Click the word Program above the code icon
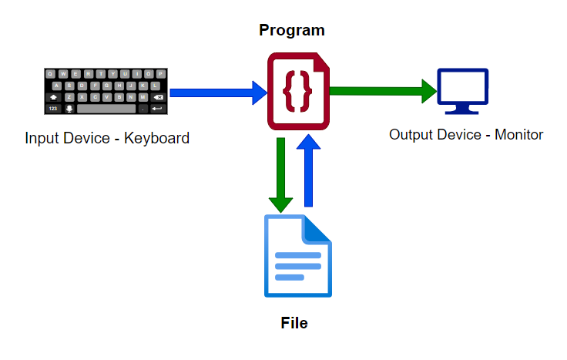pos(291,31)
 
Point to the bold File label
pos(294,322)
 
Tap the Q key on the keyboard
pos(51,74)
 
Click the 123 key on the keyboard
pos(53,109)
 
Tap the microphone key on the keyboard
pos(69,109)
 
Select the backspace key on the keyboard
pos(158,97)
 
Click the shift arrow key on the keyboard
pos(53,97)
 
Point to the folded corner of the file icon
pos(318,227)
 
